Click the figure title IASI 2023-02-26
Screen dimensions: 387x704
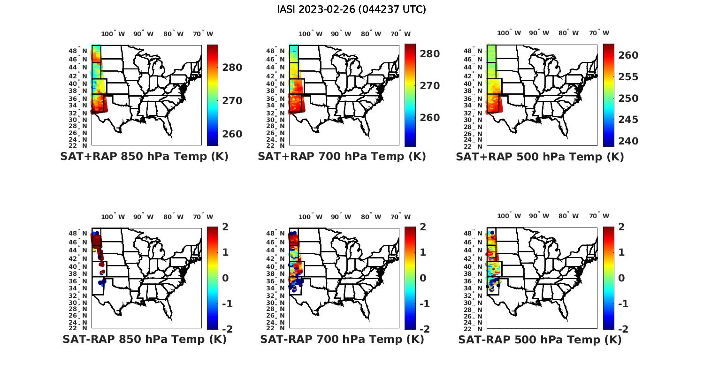click(x=352, y=9)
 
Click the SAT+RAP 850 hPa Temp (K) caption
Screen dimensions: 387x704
click(x=144, y=157)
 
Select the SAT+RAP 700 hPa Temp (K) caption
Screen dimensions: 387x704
click(x=342, y=157)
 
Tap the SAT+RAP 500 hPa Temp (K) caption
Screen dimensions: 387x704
click(x=540, y=157)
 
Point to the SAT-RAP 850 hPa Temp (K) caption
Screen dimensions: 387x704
click(x=144, y=339)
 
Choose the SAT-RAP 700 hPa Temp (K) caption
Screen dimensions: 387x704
click(x=342, y=339)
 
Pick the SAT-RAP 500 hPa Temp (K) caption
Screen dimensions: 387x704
click(x=540, y=340)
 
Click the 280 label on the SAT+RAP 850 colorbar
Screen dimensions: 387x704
click(x=232, y=68)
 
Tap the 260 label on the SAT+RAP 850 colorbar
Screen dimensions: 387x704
click(x=232, y=134)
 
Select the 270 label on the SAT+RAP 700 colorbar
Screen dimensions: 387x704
click(x=430, y=86)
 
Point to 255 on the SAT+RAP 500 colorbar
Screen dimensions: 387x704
click(x=628, y=77)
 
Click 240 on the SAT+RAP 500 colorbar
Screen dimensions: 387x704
click(x=628, y=141)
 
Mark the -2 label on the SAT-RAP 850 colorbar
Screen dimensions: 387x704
click(x=227, y=329)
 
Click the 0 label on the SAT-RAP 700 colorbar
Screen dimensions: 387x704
click(x=422, y=278)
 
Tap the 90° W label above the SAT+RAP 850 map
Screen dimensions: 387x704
click(x=143, y=34)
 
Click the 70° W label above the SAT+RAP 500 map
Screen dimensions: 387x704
click(x=599, y=33)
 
